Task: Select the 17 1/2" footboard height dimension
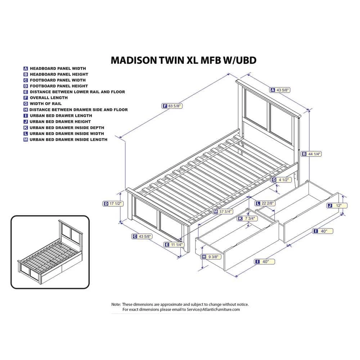(113, 203)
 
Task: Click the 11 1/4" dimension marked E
(174, 244)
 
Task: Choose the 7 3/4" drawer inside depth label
(248, 219)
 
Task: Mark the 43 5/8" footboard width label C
(142, 236)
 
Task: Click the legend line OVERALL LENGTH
(49, 98)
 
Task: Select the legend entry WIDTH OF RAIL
(46, 104)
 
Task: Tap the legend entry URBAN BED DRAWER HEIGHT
(60, 121)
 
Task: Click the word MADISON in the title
(133, 60)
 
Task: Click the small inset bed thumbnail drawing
(50, 252)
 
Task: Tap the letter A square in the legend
(26, 68)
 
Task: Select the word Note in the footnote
(116, 304)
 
